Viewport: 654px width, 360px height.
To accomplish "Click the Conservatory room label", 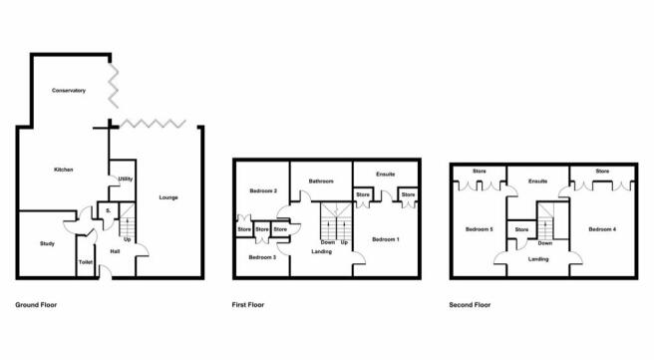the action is coord(69,91).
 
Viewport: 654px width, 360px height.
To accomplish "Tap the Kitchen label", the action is coord(64,170).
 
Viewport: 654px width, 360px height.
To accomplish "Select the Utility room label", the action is coord(126,179).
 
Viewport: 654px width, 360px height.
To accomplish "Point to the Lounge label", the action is coord(168,197).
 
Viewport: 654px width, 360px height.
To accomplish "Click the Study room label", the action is coord(47,243).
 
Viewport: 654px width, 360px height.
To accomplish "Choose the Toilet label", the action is coord(86,262).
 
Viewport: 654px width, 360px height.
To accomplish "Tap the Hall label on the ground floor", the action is coord(115,251).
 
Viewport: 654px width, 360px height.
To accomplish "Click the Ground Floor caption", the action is coord(36,305).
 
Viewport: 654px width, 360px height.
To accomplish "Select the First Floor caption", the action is coord(248,305).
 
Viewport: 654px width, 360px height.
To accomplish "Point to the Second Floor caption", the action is coord(470,305).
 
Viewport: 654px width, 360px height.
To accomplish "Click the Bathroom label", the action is coord(321,181).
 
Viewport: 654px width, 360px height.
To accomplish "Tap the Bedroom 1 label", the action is coord(386,239).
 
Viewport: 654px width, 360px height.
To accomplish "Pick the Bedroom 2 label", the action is coord(263,191).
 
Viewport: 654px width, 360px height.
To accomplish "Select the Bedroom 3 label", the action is coord(262,257).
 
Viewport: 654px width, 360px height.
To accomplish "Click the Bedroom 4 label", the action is coord(602,229).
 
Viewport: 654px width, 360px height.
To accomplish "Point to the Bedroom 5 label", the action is coord(480,229).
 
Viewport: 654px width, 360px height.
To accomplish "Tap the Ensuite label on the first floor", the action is coord(386,175).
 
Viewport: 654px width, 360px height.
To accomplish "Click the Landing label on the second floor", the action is coord(538,259).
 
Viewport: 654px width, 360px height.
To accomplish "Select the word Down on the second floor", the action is coord(545,243).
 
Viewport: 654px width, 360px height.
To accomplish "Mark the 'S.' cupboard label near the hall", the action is coord(109,211).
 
